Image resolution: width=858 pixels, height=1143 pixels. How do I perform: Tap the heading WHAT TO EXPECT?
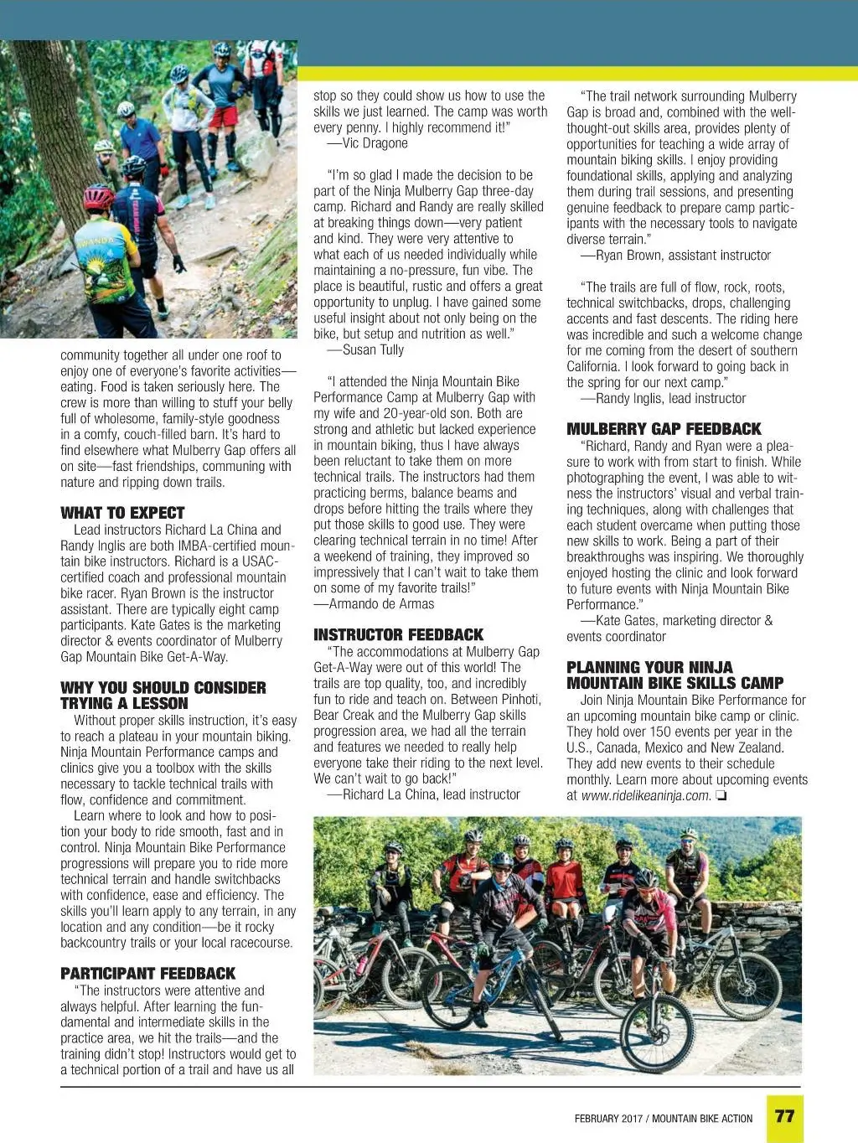122,513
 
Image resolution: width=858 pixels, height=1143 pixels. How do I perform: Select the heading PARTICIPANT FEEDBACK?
147,973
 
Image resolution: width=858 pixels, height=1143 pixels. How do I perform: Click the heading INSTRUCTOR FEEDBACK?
398,634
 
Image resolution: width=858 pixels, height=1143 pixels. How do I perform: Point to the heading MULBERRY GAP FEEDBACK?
664,428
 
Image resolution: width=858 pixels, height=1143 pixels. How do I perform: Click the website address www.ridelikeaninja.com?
645,795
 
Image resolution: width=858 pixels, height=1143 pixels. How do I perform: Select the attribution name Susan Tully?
373,349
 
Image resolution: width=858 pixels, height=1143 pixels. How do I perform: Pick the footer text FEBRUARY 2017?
608,1118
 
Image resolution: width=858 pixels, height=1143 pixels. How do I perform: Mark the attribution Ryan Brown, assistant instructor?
682,255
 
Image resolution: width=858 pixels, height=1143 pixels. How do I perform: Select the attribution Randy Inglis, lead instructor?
669,398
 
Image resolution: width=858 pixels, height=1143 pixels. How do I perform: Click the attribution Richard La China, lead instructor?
431,794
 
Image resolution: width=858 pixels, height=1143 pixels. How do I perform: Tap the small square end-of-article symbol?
721,795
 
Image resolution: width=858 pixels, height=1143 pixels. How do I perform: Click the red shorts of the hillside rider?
223,116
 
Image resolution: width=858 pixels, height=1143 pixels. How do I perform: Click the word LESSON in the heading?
159,703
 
